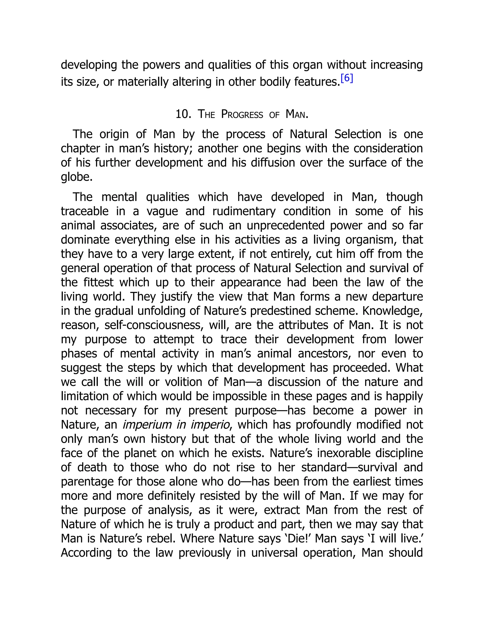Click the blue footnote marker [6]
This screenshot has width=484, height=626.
(347, 78)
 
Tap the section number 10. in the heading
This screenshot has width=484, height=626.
(183, 114)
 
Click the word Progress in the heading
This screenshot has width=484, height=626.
(242, 114)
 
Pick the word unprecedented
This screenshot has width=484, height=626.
(285, 225)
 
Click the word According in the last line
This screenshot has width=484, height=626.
(86, 553)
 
